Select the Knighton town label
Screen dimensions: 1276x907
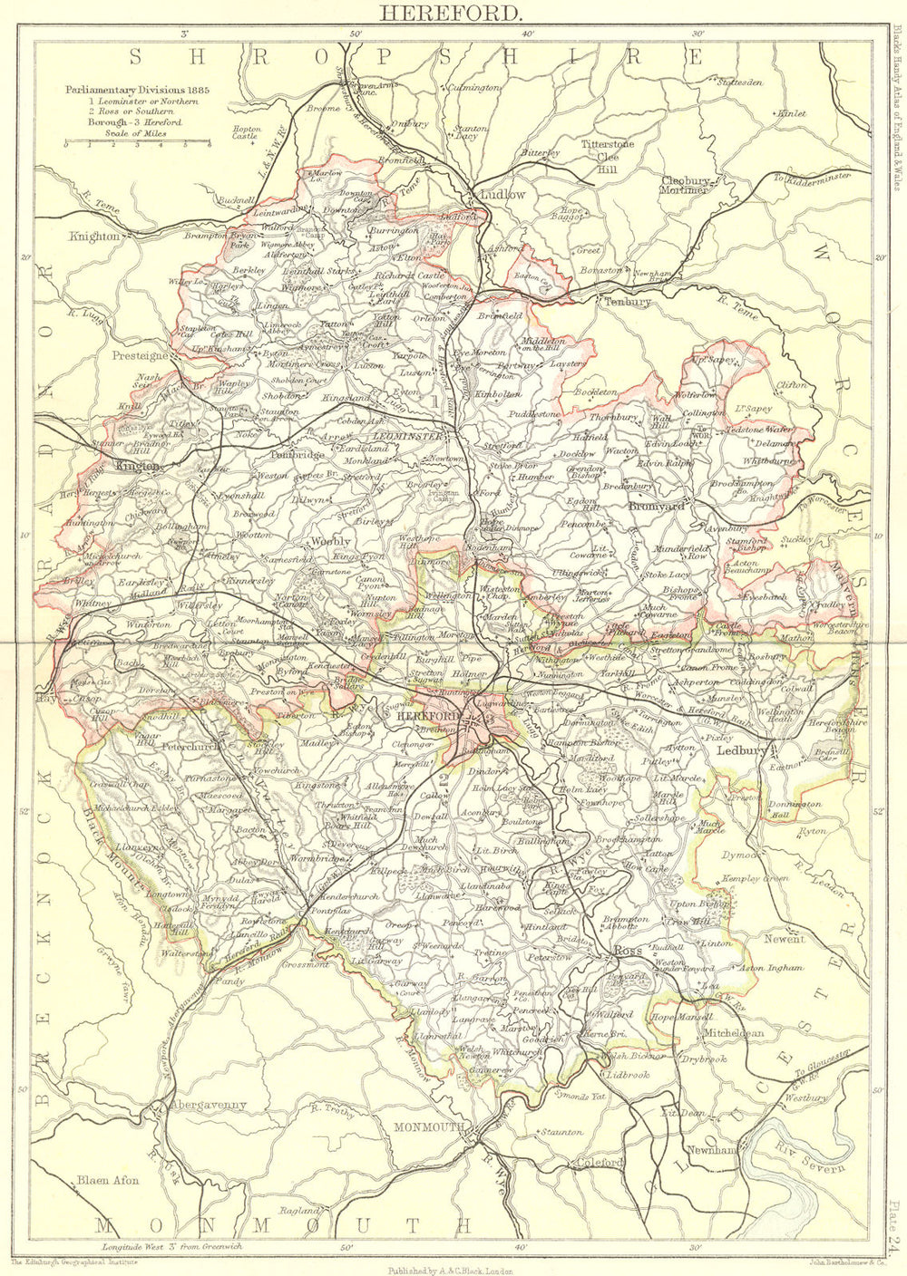coord(93,235)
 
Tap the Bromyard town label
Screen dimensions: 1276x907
coord(657,507)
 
